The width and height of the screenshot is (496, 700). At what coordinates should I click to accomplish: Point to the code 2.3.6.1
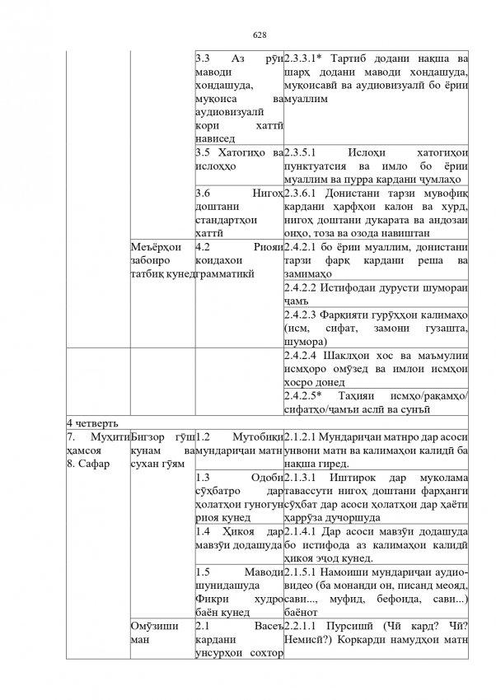(304, 192)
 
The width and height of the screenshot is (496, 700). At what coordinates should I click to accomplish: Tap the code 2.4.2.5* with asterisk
(306, 395)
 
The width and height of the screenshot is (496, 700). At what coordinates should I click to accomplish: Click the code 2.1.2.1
(302, 435)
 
